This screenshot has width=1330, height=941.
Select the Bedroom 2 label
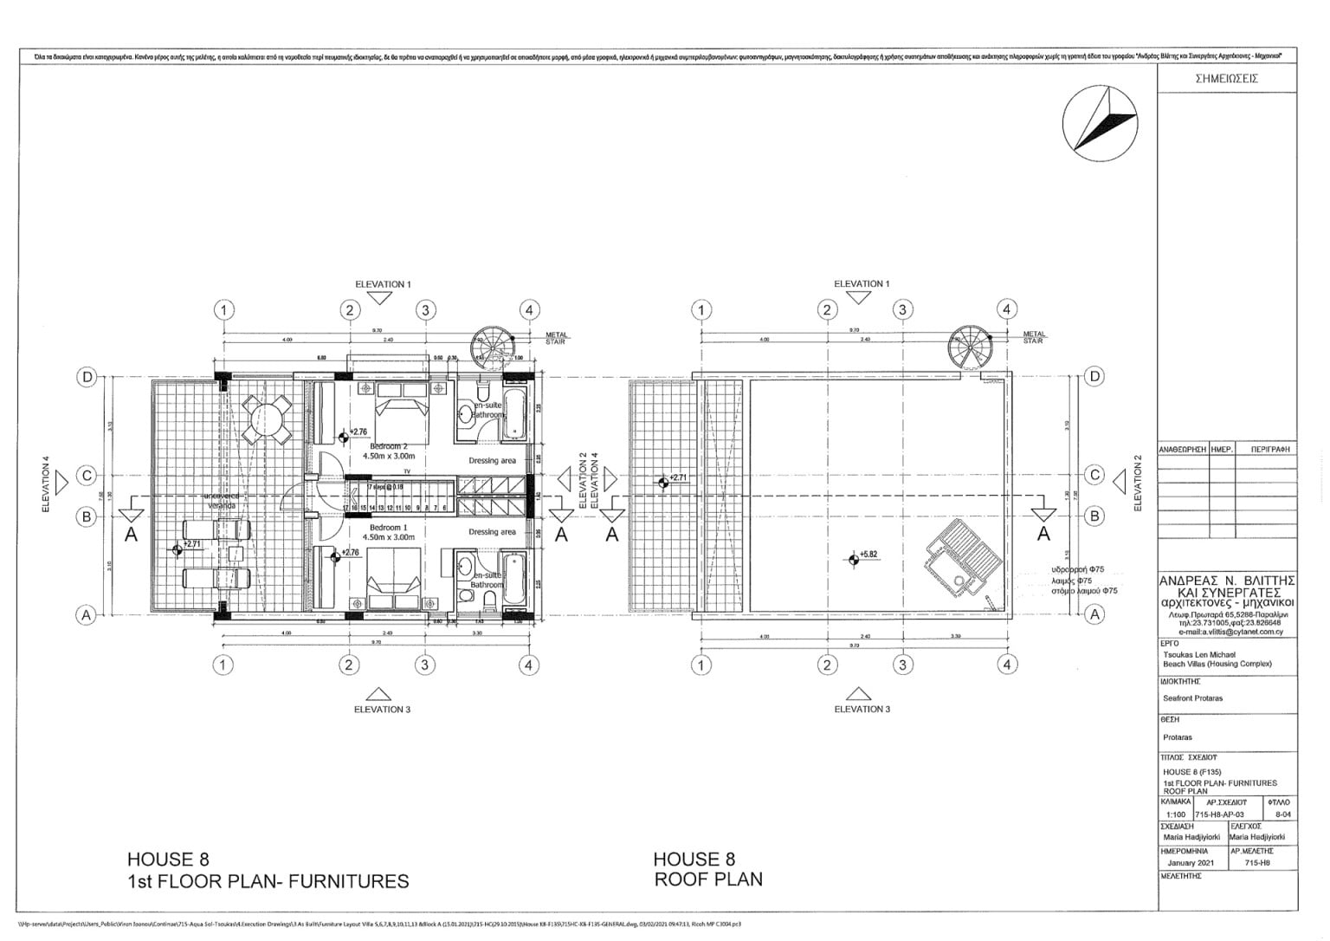[x=388, y=447]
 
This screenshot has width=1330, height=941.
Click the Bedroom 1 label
[x=386, y=528]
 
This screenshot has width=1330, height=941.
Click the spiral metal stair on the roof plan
[x=968, y=347]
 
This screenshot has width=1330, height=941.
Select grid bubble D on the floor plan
[x=87, y=376]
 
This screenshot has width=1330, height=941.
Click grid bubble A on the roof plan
[x=1095, y=614]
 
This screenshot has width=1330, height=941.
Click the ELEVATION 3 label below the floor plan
[x=382, y=709]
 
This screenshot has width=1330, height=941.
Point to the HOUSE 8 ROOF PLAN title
[x=707, y=869]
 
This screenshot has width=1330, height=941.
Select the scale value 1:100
[x=1176, y=814]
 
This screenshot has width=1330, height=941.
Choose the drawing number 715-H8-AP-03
[x=1219, y=814]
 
